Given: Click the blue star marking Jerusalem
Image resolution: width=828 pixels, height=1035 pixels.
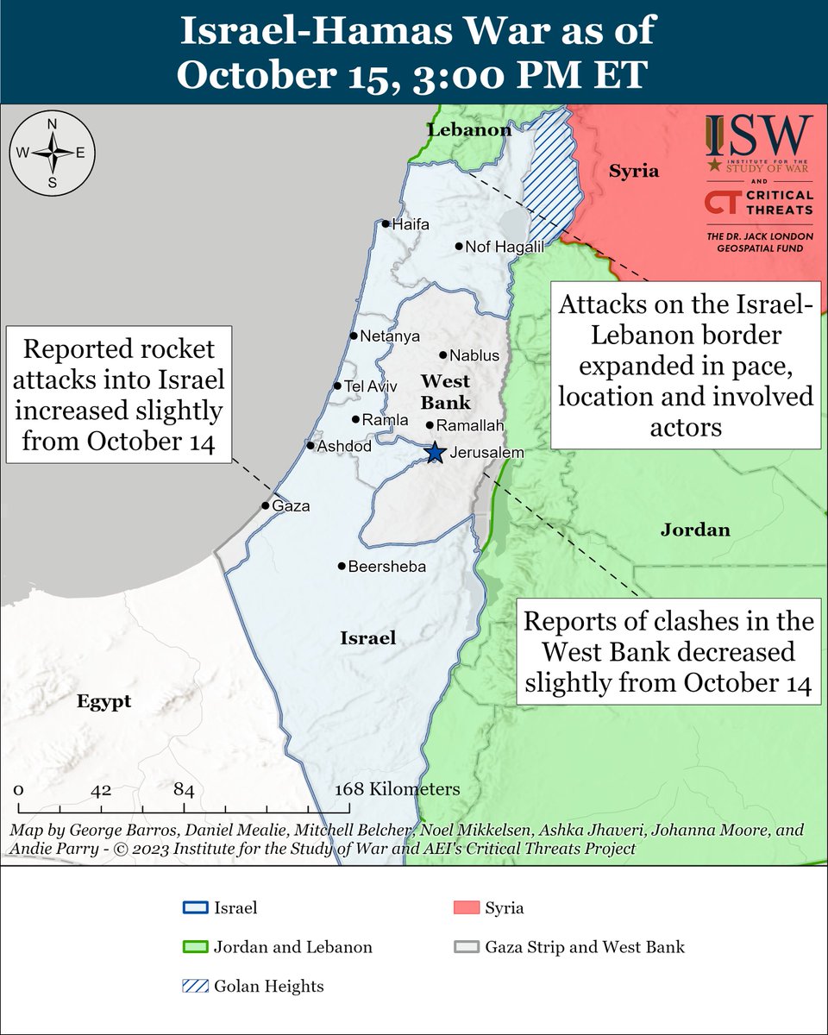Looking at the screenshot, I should pos(435,452).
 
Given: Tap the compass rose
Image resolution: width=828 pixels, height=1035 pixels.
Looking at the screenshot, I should pos(52,153).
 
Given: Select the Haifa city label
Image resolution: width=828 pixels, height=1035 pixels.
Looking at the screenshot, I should pos(411,224).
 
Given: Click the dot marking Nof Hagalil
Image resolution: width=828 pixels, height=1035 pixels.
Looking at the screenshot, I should pos(460,247).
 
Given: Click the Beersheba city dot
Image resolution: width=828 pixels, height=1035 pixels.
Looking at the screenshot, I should pos(342,567).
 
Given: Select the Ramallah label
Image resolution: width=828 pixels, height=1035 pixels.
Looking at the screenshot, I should pos(470,425).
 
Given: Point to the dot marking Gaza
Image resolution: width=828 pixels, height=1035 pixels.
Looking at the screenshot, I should pos(266,506).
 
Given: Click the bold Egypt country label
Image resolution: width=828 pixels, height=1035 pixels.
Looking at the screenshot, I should pos(103,701).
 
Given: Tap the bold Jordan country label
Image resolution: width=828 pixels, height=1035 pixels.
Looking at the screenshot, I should pos(695,530).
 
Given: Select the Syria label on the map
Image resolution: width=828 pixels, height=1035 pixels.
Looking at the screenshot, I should pos(634,171).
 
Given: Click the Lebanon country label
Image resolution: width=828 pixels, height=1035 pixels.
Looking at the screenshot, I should pos(469,130).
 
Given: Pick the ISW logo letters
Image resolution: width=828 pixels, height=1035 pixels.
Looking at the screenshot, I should pos(759,136).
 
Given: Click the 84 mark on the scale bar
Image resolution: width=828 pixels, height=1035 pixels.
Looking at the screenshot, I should pos(183,789).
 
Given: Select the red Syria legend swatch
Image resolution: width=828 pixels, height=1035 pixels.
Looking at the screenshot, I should pos(465,908).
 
